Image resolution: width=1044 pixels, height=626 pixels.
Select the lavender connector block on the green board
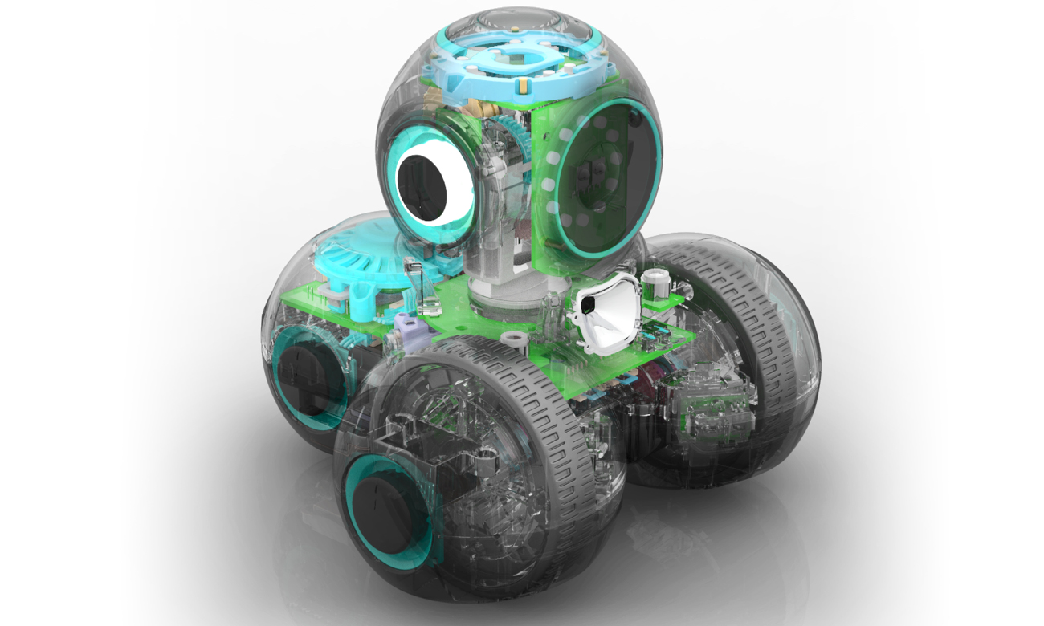pos(406,327)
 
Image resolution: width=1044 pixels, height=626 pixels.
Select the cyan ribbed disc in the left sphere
pos(361,256)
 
